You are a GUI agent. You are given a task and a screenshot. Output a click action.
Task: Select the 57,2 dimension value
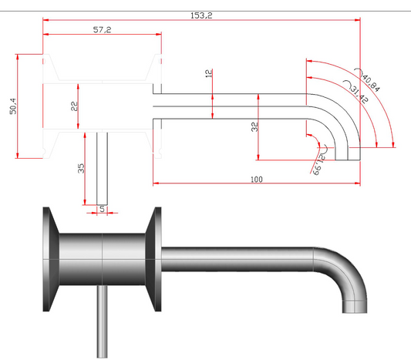pos(102,29)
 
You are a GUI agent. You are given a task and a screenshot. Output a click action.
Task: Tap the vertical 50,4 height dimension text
pos(12,107)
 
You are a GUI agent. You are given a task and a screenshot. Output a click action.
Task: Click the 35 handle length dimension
pos(80,170)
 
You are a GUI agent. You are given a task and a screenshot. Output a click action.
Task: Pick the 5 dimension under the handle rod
pos(103,208)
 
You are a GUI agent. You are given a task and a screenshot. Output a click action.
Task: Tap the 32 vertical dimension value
pos(254,127)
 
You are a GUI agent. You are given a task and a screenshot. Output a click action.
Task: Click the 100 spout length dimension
pos(256,179)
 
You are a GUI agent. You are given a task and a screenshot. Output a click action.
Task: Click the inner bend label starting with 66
pos(318,163)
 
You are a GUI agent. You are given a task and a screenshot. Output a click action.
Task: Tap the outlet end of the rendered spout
pos(354,305)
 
